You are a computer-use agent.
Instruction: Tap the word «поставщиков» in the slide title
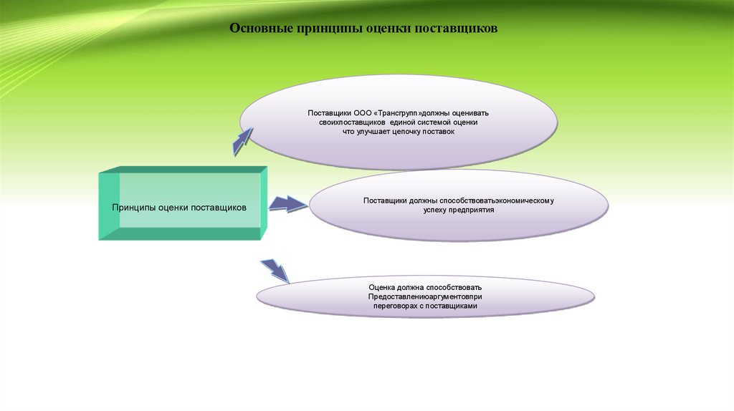click(x=457, y=30)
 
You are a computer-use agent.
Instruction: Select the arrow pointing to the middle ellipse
click(x=288, y=204)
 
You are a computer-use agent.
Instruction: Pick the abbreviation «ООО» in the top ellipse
click(x=363, y=113)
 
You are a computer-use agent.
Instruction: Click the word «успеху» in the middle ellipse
click(x=437, y=211)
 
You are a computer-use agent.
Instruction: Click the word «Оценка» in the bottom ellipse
click(x=383, y=287)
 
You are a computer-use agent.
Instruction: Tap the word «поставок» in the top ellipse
click(x=439, y=132)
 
